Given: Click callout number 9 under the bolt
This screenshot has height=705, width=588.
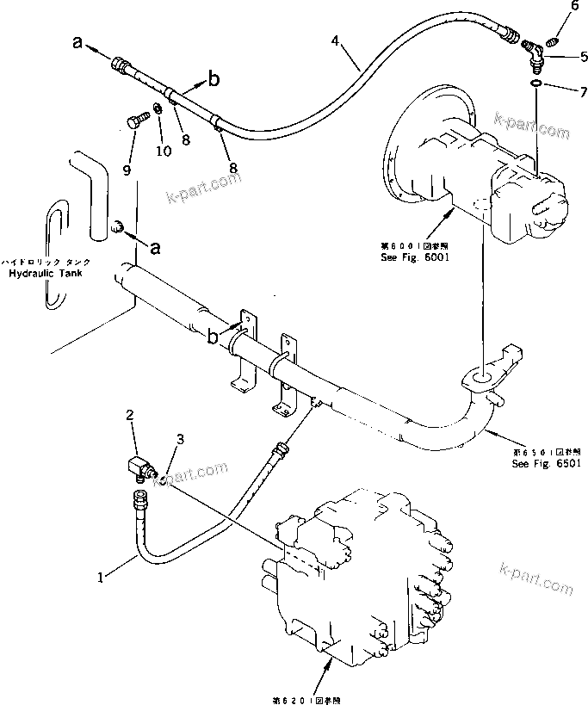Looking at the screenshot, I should click(x=127, y=170).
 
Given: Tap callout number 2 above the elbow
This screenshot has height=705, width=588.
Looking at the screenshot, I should click(x=131, y=417).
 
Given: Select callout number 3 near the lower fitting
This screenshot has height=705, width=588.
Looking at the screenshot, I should click(x=179, y=440).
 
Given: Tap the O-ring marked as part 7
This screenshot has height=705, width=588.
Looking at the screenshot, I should click(x=535, y=83).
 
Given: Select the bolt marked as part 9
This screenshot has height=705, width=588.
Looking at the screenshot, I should click(x=133, y=123).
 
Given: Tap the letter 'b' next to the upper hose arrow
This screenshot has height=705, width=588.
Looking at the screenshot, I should click(x=214, y=79).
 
